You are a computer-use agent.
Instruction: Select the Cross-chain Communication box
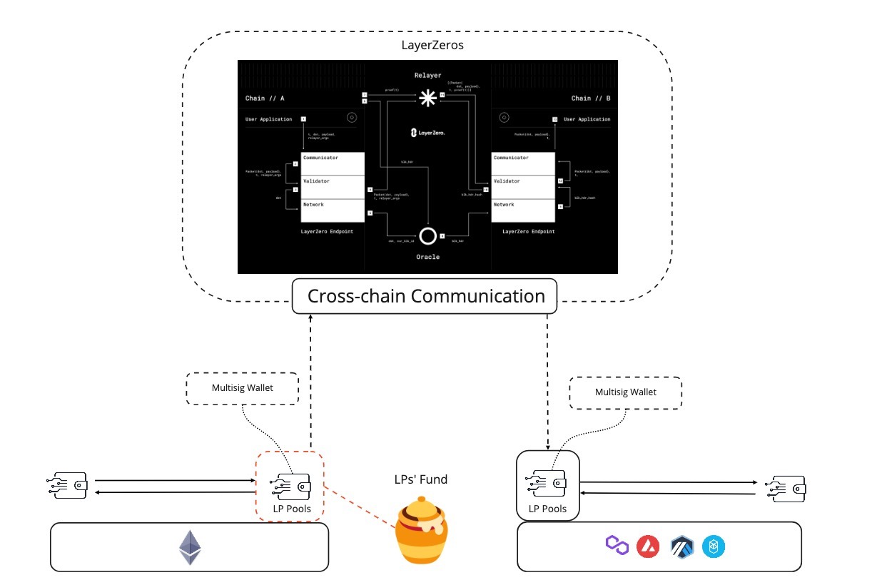425,296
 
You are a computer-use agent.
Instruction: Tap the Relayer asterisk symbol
427,98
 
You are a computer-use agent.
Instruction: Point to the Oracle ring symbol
427,236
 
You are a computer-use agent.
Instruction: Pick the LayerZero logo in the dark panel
427,133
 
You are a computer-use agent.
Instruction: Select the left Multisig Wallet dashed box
242,388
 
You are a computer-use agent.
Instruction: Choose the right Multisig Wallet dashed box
625,392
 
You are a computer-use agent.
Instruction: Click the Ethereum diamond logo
190,548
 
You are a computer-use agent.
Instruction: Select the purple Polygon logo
616,546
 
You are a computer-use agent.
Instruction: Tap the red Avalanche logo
648,547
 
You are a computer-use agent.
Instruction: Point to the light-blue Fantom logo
714,547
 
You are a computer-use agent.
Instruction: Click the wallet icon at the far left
69,486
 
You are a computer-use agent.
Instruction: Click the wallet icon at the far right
786,488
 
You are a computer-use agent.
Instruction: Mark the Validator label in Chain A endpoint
316,181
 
